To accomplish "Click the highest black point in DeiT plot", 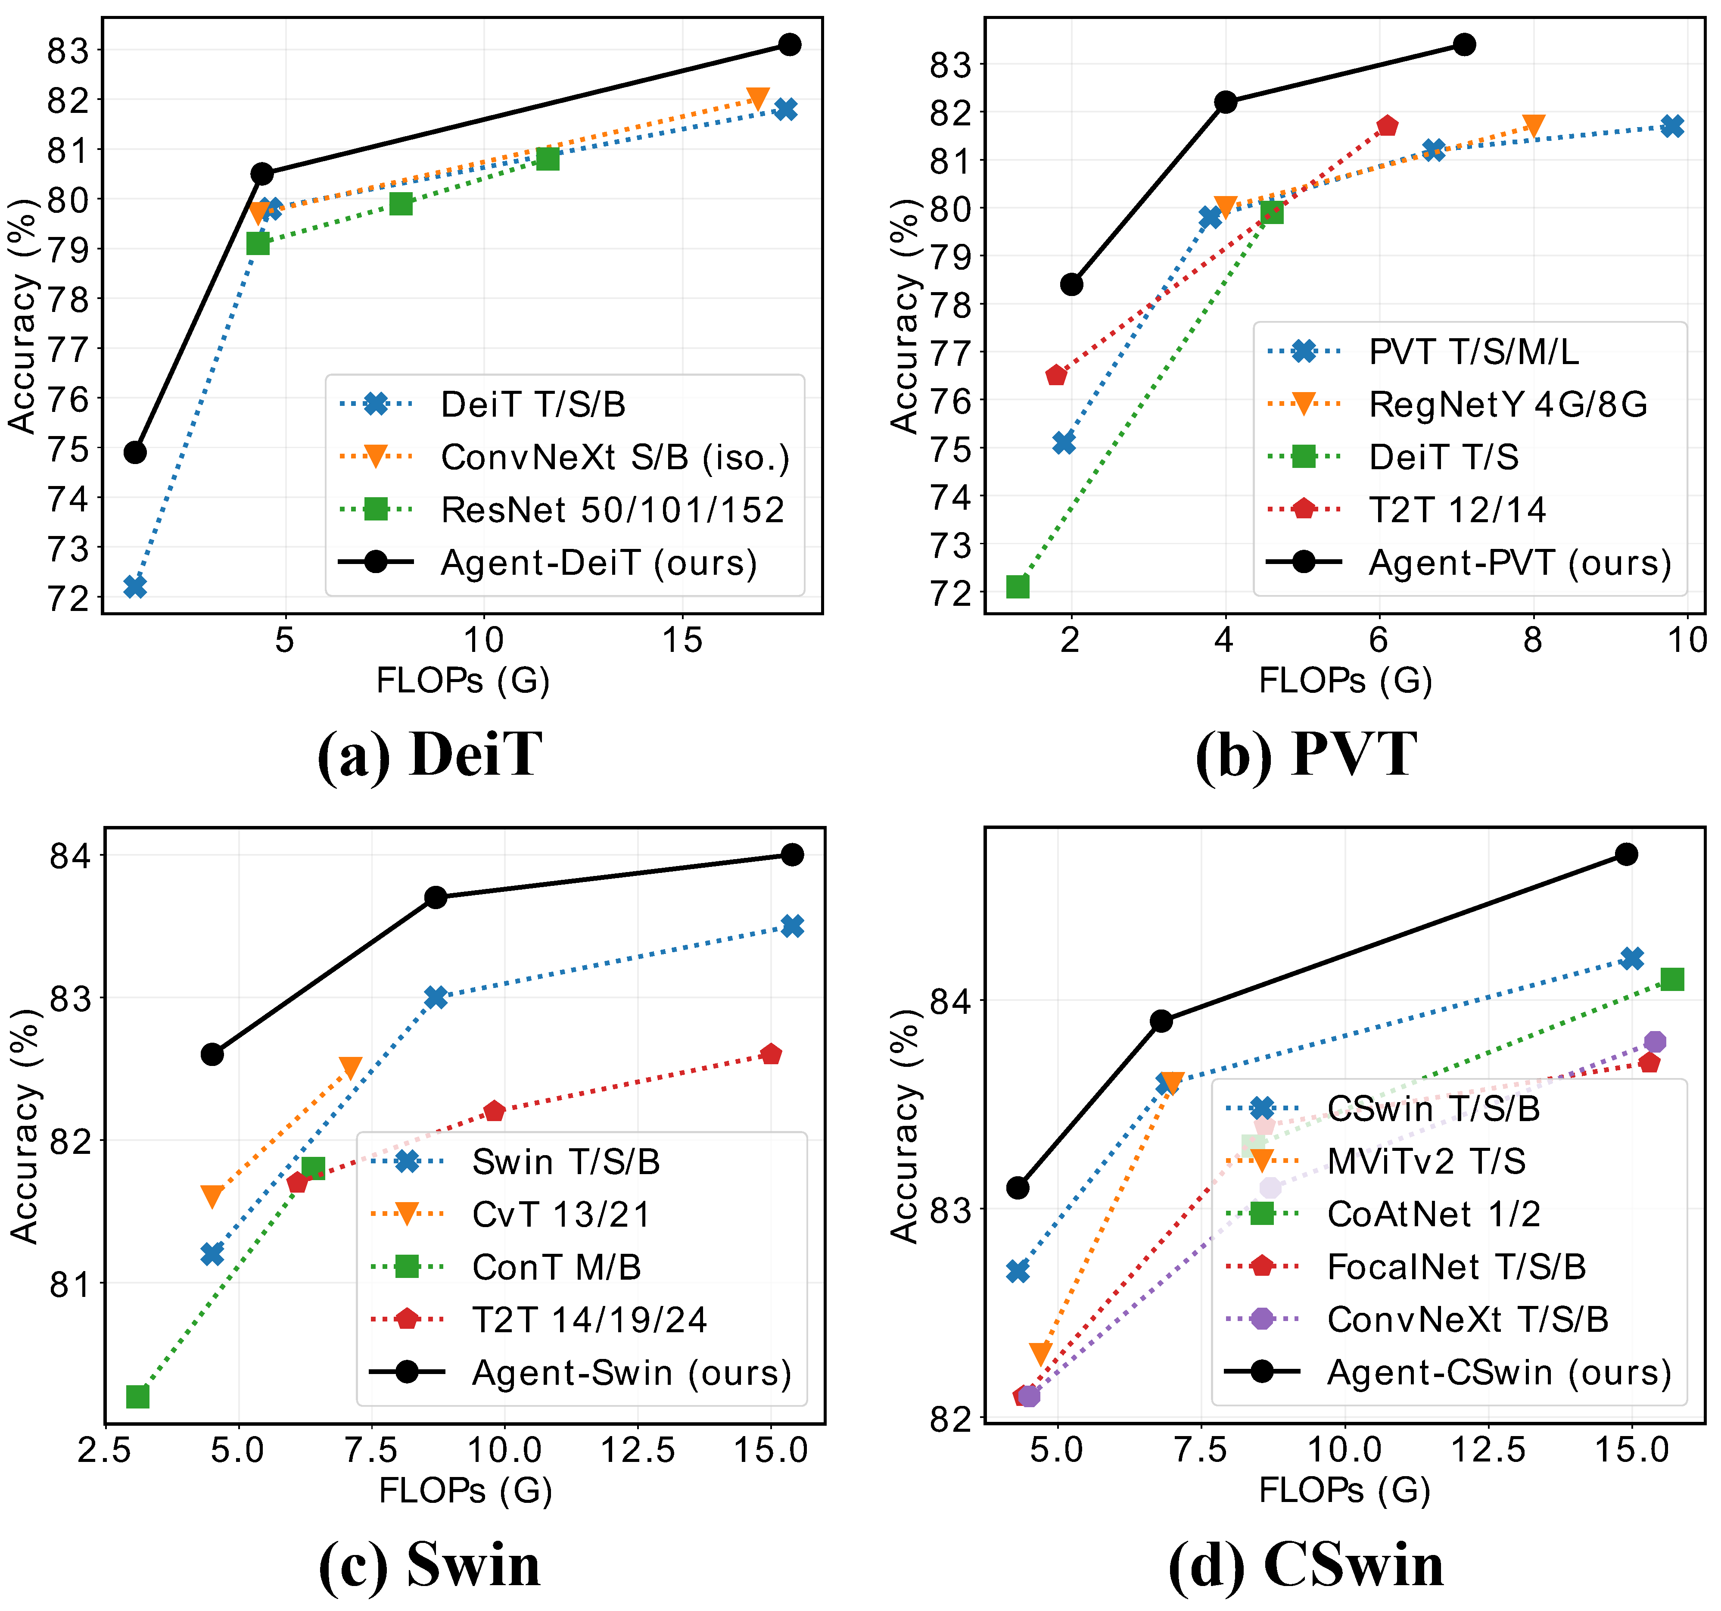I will pos(789,44).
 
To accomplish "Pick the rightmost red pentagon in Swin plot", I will pos(771,1054).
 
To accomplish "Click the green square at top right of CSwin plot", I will pos(1671,979).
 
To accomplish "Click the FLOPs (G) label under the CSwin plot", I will pos(1344,1491).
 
